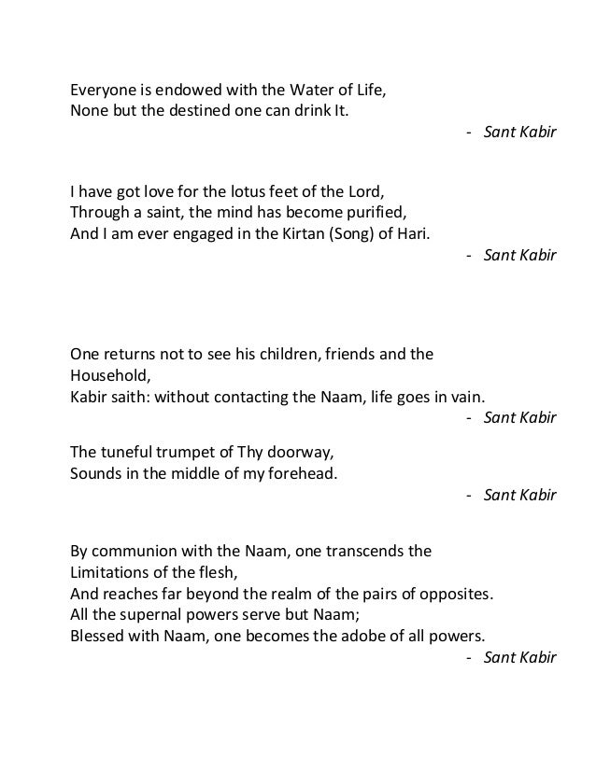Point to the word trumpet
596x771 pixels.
point(168,454)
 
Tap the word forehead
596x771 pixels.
point(304,473)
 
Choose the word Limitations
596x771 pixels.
point(111,571)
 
